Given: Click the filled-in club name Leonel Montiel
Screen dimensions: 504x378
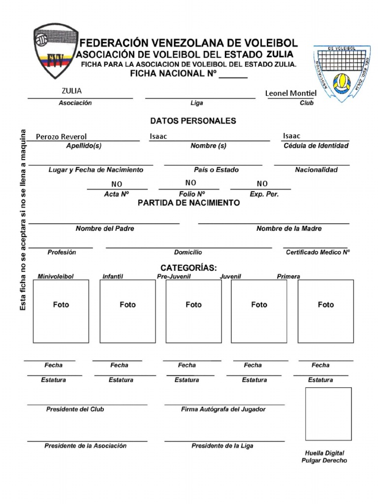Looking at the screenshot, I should (291, 93).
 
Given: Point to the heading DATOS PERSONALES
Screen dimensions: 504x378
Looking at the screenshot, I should (193, 121).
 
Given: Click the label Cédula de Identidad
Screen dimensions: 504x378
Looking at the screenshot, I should (316, 146).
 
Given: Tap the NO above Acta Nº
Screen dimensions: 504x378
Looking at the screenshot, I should (117, 184).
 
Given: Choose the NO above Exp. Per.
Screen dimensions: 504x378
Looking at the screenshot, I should (262, 184).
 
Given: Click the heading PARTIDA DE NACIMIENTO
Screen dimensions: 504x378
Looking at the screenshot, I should (189, 203).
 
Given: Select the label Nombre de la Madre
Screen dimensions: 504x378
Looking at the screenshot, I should (289, 228).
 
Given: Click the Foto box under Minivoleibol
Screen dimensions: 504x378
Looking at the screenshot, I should (61, 311).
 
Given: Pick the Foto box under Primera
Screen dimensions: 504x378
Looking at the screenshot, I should (325, 311).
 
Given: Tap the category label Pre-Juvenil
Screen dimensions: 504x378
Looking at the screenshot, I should (174, 277).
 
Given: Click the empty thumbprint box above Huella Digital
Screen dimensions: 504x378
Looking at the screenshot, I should (328, 414).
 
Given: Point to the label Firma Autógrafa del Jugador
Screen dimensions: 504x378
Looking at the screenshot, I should (223, 409).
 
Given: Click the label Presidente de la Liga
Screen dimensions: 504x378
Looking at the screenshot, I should (222, 446).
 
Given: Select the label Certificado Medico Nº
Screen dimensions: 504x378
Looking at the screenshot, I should (317, 252).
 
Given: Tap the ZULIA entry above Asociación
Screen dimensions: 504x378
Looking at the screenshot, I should (72, 91).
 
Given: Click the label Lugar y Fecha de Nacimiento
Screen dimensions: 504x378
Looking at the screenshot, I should (96, 170).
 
